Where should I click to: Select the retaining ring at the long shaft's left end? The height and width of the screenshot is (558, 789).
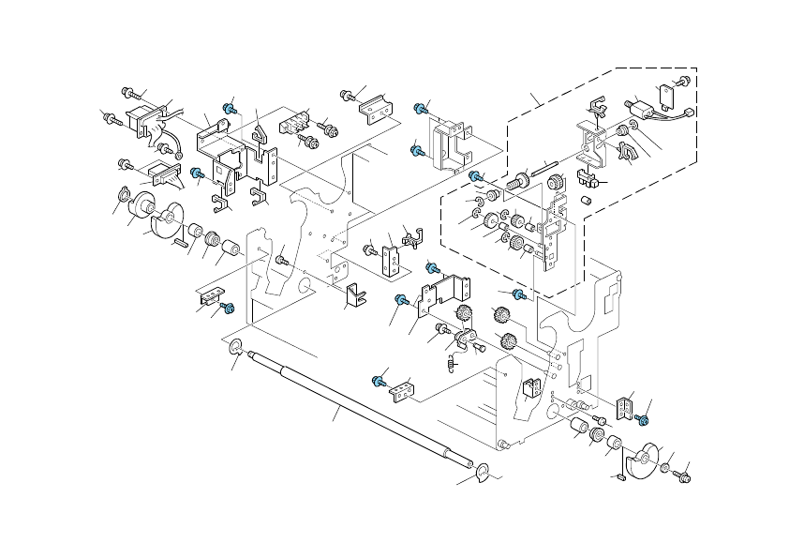(234, 351)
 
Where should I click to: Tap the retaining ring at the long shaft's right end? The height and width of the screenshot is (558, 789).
(483, 472)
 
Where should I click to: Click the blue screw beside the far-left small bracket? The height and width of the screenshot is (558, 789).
(225, 307)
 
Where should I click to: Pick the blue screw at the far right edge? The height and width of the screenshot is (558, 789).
(643, 418)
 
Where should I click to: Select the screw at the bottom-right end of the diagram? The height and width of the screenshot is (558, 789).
(682, 477)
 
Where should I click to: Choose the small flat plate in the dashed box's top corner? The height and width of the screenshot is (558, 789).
(669, 92)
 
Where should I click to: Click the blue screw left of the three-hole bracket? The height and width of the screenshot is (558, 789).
(379, 381)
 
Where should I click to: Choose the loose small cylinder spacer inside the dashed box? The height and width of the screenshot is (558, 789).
(587, 201)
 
